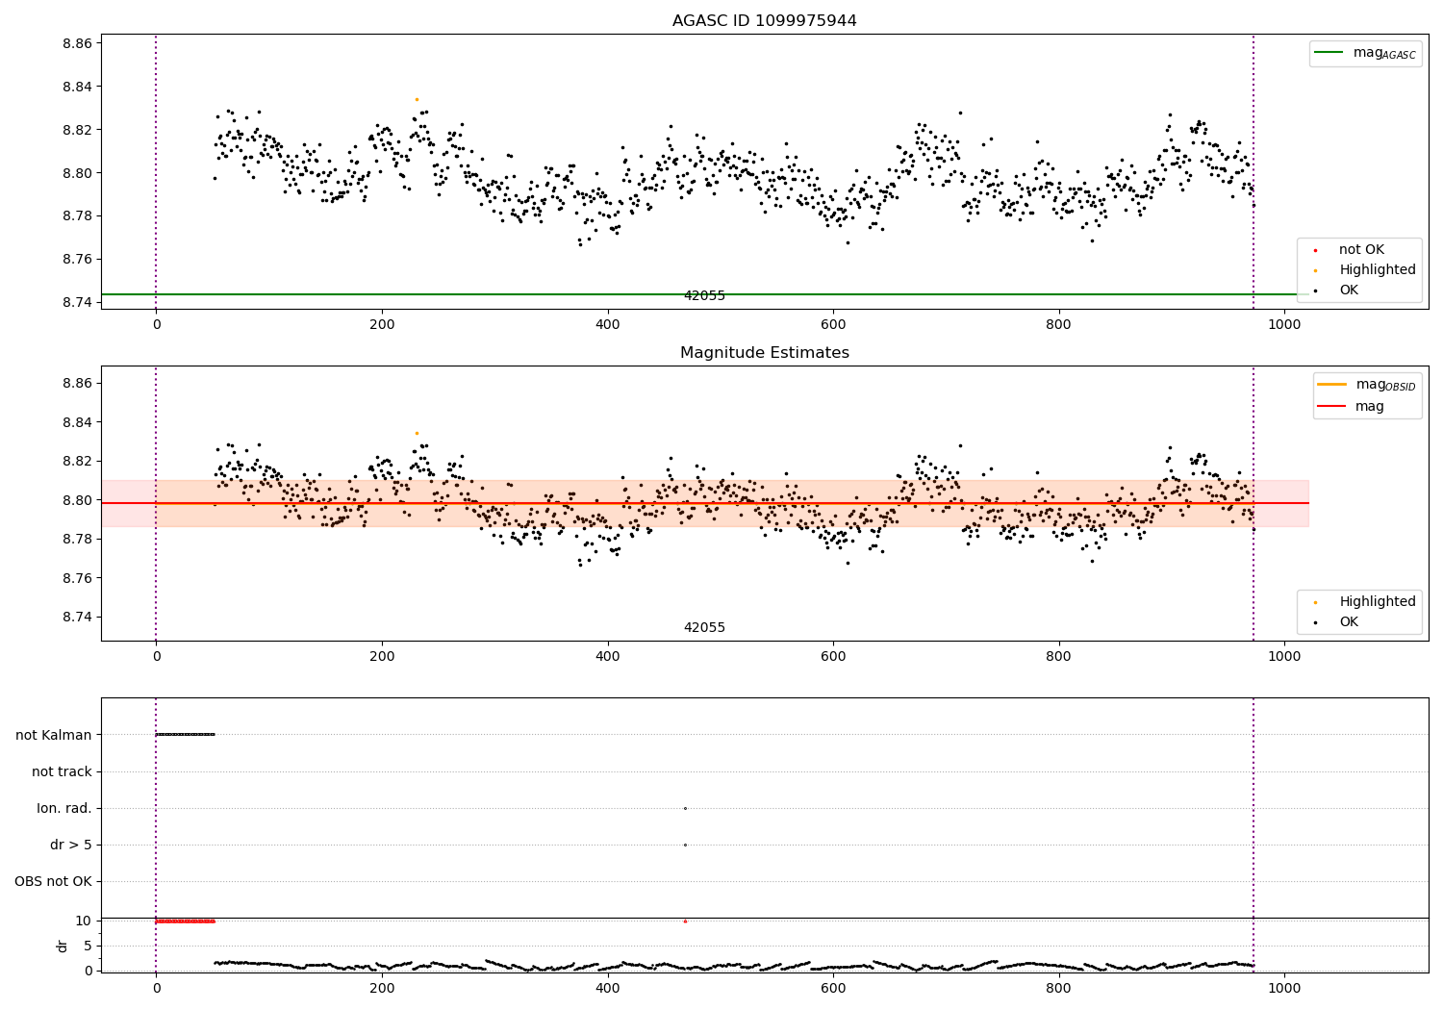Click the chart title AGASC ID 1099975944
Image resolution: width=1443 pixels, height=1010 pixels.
(764, 21)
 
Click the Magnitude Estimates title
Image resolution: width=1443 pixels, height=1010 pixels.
(764, 353)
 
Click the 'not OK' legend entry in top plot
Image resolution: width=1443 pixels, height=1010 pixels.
(1360, 250)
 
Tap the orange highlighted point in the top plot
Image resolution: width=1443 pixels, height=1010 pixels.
(417, 99)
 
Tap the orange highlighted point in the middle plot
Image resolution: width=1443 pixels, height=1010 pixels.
(417, 433)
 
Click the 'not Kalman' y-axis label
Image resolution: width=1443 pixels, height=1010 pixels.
(54, 735)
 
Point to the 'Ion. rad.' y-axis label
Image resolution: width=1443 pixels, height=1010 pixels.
(64, 808)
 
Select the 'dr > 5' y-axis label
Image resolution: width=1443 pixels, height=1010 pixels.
(71, 845)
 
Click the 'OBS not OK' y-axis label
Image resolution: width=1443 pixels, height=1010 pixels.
(54, 881)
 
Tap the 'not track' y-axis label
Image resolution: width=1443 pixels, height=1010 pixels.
(62, 771)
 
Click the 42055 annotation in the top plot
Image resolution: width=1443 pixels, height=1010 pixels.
(704, 296)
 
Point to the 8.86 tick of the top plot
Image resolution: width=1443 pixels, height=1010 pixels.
(77, 43)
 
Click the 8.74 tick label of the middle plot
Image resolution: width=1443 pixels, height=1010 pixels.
(77, 617)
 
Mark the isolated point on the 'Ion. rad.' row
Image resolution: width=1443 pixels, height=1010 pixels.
(685, 808)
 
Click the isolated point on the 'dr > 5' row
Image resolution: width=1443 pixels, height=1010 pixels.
(685, 845)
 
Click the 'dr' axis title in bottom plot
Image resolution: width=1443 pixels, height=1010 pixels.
(63, 946)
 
